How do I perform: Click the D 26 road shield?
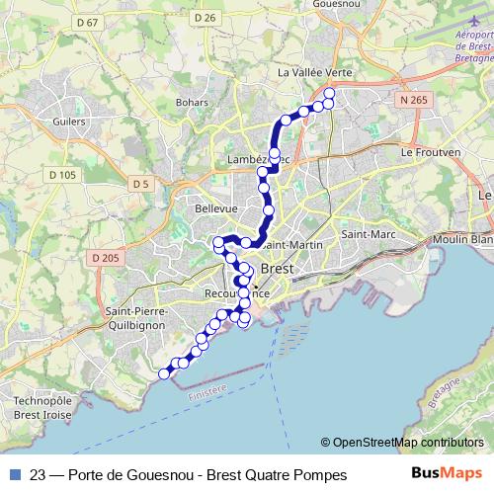click(206, 18)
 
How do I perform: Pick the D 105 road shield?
click(61, 175)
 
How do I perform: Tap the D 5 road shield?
click(139, 184)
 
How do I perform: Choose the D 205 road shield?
click(104, 258)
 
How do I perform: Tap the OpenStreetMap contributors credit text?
click(407, 443)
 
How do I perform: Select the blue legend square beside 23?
click(12, 475)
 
